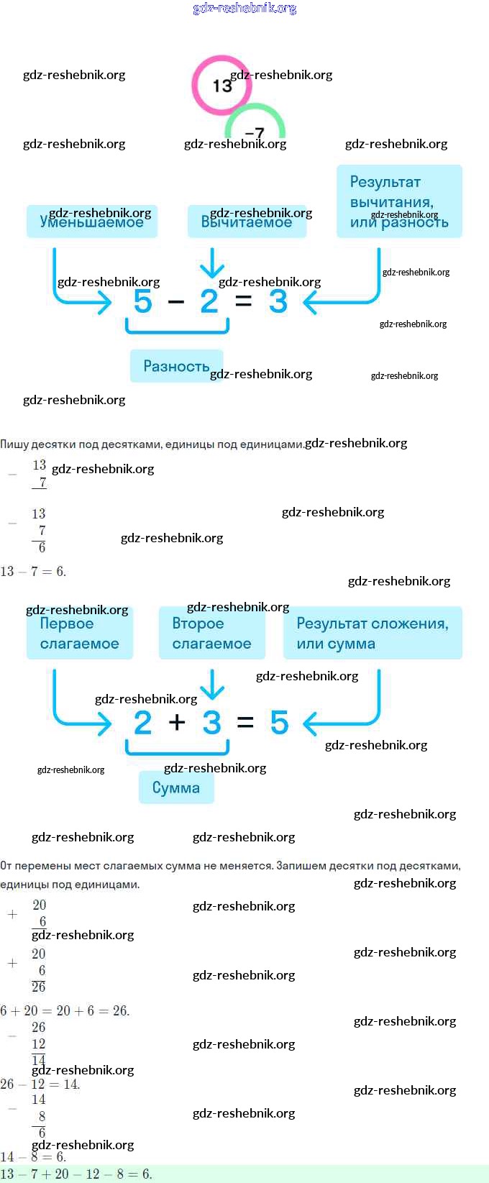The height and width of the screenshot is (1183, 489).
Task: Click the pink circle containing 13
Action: (x=221, y=85)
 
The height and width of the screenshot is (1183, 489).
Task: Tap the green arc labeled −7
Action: (x=255, y=122)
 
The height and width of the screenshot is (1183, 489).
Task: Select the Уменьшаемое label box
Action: (x=91, y=221)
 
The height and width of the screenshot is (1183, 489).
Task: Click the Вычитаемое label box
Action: (x=247, y=221)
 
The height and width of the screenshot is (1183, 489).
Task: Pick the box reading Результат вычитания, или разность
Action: (x=399, y=201)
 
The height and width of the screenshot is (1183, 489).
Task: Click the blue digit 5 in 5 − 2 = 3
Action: (x=143, y=301)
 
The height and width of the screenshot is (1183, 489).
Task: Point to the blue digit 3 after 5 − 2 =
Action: (x=278, y=301)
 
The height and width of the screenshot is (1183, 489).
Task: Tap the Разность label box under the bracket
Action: (x=176, y=366)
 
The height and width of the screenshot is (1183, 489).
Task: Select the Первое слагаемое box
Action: (x=79, y=634)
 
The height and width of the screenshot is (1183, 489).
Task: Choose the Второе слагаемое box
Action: (x=211, y=634)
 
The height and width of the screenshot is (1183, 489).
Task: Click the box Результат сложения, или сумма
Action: (x=373, y=634)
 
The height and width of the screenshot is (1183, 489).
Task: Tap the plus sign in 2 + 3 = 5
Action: (x=177, y=722)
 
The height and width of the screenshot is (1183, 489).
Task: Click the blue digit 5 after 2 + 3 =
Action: (x=279, y=722)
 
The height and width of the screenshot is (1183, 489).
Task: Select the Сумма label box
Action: (x=176, y=787)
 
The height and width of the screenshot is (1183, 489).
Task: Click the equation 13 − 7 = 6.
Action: (x=33, y=572)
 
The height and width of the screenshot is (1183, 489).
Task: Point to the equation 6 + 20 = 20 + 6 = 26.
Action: (x=65, y=1010)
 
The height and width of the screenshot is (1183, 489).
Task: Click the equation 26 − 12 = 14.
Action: (x=40, y=1084)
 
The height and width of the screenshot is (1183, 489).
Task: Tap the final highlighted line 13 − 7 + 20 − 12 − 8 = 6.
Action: (x=76, y=1174)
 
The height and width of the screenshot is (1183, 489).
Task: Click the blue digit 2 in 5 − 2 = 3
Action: (x=209, y=301)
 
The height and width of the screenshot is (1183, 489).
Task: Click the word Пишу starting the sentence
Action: (x=14, y=444)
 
